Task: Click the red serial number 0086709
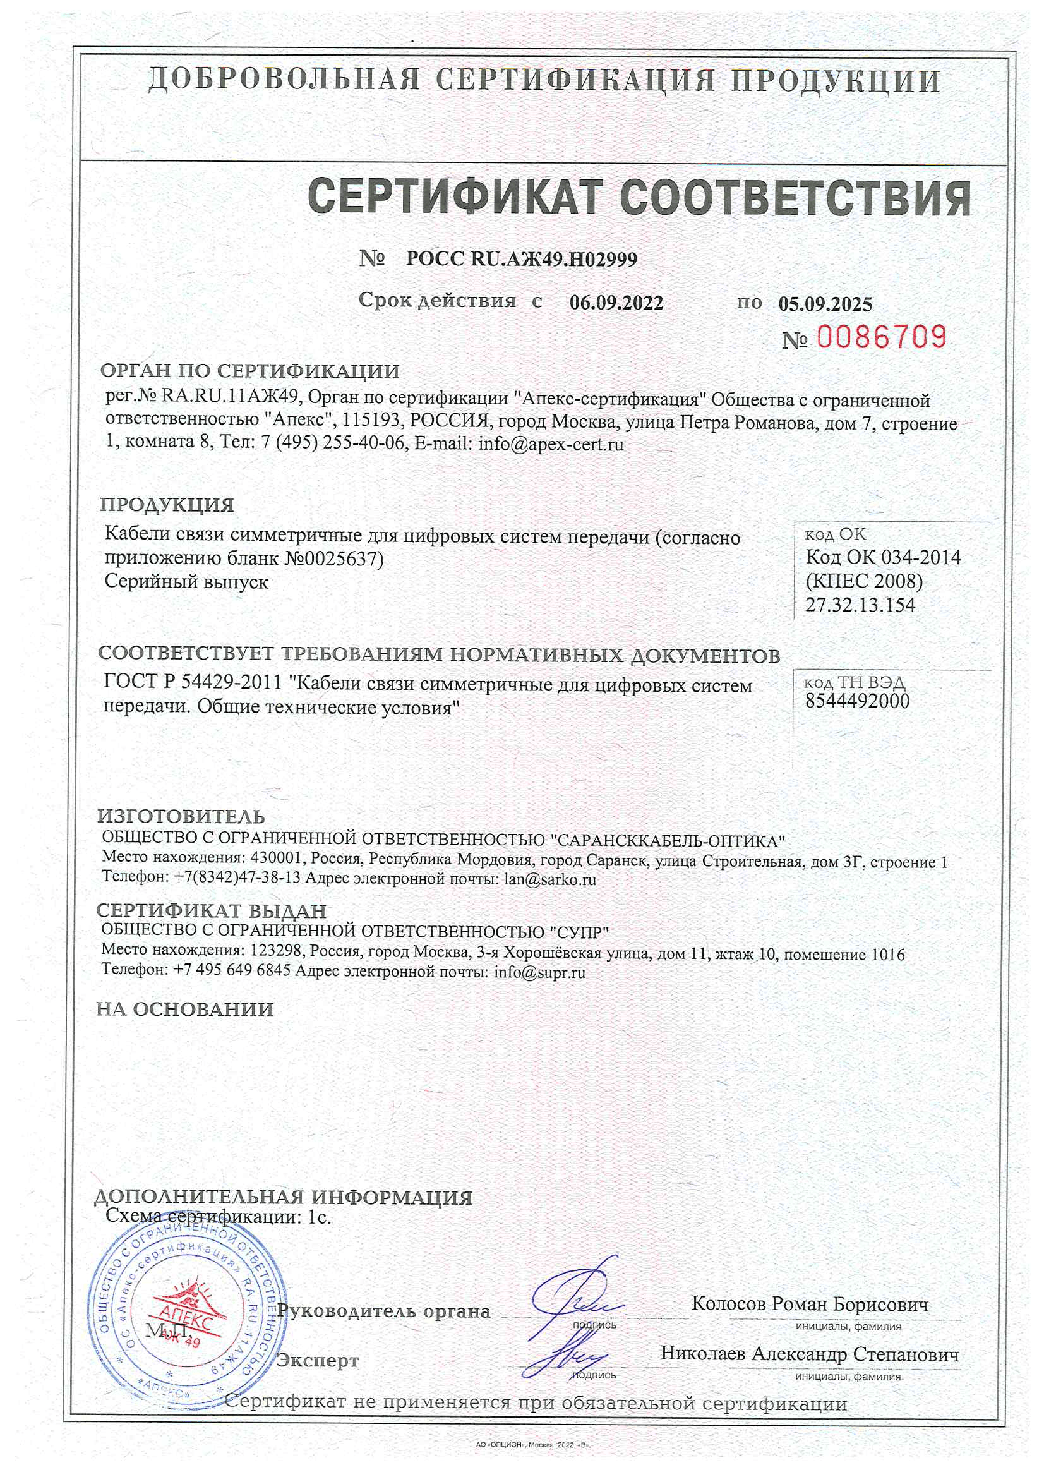(881, 337)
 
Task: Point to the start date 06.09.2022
(616, 303)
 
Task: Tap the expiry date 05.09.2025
(825, 304)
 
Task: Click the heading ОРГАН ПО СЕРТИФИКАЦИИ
(249, 371)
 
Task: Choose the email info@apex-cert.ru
(551, 444)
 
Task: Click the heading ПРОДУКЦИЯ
(167, 504)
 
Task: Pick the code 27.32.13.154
(860, 605)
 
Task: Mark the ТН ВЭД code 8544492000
(858, 701)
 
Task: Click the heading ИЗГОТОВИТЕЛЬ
(181, 816)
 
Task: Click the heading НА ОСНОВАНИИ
(184, 1009)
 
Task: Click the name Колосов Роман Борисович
(810, 1304)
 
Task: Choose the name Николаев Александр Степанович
(809, 1354)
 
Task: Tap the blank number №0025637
(333, 558)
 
